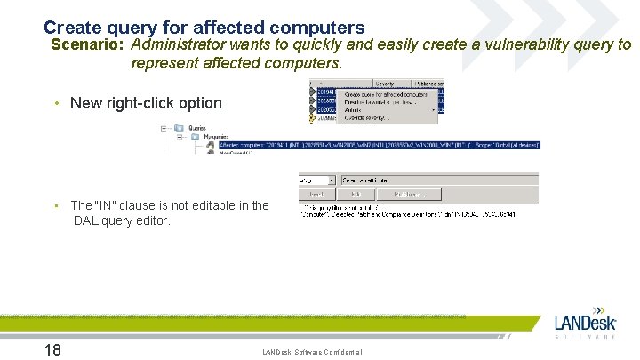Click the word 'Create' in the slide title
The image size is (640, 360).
pos(72,28)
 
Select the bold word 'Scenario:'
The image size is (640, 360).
pos(88,44)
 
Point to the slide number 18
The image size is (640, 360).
pos(52,349)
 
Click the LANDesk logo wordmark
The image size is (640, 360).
pos(585,323)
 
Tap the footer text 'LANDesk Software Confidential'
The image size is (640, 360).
pos(312,353)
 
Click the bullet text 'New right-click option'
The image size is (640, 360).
pos(146,103)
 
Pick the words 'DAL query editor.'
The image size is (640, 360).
pos(122,220)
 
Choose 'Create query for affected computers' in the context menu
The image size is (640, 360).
pos(384,93)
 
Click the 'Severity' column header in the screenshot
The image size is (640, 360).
pos(384,84)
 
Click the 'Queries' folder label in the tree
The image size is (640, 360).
pos(197,128)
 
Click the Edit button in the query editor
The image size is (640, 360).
pos(356,193)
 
